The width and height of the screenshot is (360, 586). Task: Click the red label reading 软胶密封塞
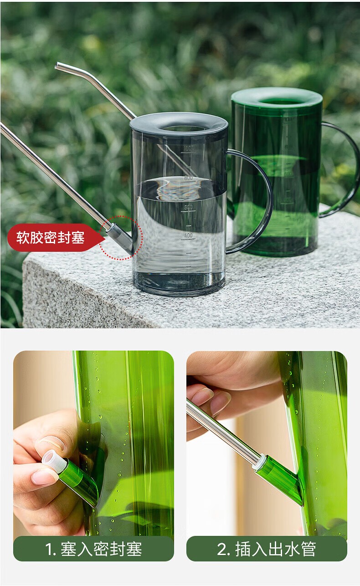tap(51, 237)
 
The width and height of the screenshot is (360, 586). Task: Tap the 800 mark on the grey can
tap(188, 178)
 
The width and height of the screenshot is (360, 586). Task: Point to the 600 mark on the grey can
tap(188, 207)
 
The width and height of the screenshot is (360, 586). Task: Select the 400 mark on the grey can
tap(188, 235)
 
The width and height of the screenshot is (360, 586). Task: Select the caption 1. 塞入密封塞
tap(93, 549)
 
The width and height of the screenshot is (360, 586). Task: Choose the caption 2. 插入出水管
tap(266, 549)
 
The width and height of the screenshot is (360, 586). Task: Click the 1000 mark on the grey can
tap(188, 148)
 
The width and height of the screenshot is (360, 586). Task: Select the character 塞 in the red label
tap(78, 237)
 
